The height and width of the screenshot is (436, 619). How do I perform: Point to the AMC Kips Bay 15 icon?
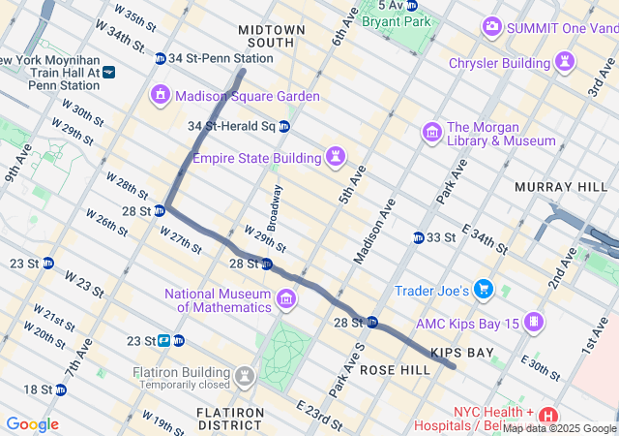535,322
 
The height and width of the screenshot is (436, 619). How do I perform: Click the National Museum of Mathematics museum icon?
286,300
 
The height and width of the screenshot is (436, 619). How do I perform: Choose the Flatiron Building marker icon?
246,374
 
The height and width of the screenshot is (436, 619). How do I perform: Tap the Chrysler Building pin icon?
565,63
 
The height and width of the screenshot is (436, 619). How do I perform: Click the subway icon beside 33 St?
419,237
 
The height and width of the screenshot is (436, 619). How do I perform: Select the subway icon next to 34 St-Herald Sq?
284,126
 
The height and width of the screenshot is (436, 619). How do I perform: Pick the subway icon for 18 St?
61,389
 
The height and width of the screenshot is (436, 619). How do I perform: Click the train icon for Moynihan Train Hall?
108,72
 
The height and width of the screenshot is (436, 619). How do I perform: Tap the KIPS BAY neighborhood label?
461,353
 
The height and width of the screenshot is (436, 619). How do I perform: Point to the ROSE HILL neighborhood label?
394,371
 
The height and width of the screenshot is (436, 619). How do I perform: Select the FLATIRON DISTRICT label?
230,419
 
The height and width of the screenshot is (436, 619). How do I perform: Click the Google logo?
32,424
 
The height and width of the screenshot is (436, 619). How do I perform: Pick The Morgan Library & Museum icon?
432,132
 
